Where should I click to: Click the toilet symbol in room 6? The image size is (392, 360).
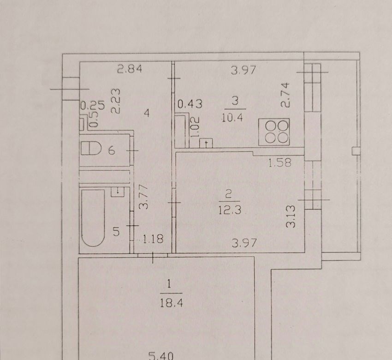tap(91, 148)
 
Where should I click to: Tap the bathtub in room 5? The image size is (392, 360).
tap(93, 218)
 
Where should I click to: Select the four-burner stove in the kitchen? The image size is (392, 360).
tap(274, 132)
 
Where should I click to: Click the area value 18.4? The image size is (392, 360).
tap(172, 303)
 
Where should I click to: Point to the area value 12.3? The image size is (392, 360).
tap(230, 210)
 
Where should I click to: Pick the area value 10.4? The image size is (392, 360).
tap(232, 117)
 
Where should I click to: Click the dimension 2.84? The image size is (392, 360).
tap(130, 69)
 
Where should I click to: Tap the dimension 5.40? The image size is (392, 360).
tap(161, 356)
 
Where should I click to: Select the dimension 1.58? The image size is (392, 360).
tap(280, 163)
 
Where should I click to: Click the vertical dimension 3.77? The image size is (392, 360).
tap(144, 197)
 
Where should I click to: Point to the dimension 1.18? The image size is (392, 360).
tap(153, 239)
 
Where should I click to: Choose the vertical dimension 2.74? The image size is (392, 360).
tap(285, 95)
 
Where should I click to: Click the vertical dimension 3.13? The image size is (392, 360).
tap(291, 216)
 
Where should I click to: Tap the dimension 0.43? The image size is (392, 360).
tap(190, 104)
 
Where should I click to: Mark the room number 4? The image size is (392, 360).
tap(147, 114)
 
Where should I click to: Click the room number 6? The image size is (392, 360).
tap(112, 150)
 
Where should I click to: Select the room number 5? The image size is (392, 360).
tap(116, 232)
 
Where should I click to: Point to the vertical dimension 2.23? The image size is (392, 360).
tap(116, 101)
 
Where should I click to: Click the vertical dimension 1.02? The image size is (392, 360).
tap(195, 127)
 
